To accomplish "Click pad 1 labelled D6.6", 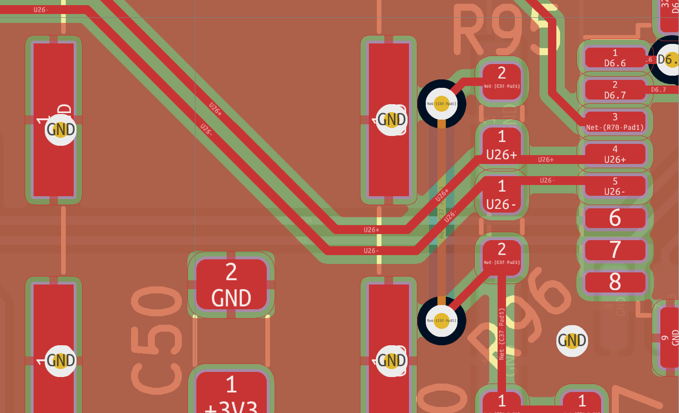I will (x=615, y=58).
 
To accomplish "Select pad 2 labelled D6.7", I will (x=615, y=90).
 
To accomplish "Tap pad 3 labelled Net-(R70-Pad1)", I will (x=615, y=122).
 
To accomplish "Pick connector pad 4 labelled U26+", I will (x=615, y=154).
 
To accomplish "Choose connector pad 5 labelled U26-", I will (x=615, y=186).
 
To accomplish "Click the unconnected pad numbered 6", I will (x=615, y=218).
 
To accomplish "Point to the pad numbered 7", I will (x=615, y=249).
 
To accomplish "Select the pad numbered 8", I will (x=615, y=282).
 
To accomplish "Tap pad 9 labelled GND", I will (x=670, y=337).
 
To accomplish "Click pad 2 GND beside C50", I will (x=231, y=285).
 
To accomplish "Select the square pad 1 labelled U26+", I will (x=501, y=145).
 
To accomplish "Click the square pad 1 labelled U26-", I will (x=501, y=195).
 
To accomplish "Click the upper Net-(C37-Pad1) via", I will (x=441, y=104).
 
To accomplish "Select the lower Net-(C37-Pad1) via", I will (x=441, y=320).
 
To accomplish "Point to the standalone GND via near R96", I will (x=572, y=341).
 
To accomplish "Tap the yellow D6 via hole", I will (x=671, y=59).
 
